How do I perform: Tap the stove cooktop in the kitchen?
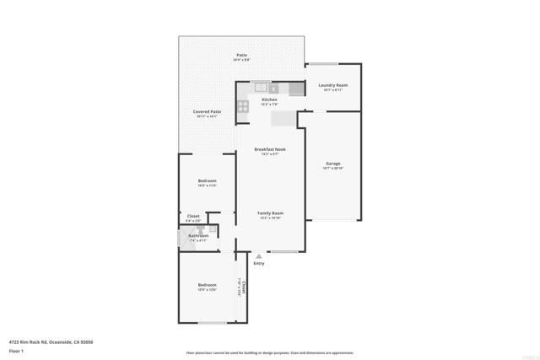[x=243, y=106]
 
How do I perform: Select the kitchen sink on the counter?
[x=262, y=87]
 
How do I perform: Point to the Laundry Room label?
[x=333, y=85]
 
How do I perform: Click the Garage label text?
[x=333, y=164]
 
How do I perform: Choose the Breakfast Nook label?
[x=270, y=149]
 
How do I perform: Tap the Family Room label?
[x=270, y=213]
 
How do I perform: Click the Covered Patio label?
[x=207, y=111]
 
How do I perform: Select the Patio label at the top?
[x=241, y=55]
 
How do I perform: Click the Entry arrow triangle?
[x=259, y=256]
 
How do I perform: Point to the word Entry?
[x=259, y=263]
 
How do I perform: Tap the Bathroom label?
[x=198, y=235]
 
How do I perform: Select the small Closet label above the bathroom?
[x=193, y=216]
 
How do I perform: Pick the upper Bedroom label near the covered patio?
[x=207, y=181]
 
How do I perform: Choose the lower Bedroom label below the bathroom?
[x=207, y=285]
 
